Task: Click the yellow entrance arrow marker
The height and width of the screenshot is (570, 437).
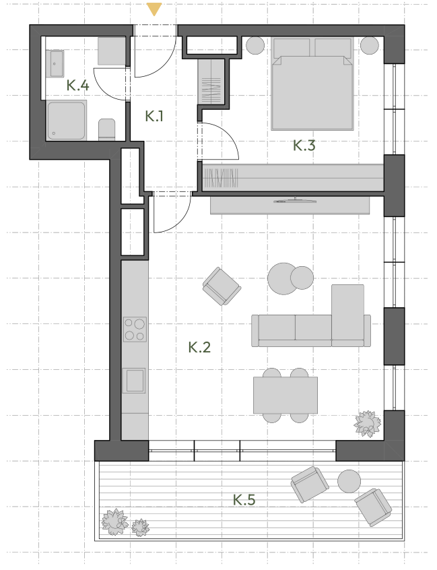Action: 154,9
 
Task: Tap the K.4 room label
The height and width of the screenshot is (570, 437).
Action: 77,86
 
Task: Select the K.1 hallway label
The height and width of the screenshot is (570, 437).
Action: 154,116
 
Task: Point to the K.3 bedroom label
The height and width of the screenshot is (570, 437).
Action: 304,146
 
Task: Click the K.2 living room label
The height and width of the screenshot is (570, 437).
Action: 199,347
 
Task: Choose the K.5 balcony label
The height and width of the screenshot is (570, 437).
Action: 244,499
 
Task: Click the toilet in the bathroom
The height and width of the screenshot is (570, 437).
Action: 107,130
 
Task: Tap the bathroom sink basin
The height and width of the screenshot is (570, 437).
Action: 57,64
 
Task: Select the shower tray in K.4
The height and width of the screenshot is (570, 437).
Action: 67,121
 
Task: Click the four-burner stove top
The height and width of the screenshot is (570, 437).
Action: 135,329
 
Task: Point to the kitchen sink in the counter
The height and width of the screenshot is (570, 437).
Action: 134,381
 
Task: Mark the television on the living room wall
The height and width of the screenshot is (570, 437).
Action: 295,200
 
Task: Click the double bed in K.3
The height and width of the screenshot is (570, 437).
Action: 312,84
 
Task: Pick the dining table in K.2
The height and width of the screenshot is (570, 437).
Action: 285,395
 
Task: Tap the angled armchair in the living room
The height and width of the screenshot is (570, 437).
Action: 222,286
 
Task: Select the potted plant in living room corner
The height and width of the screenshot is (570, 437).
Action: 368,424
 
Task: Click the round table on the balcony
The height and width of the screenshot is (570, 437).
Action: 349,481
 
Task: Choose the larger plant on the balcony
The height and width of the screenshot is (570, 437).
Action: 114,522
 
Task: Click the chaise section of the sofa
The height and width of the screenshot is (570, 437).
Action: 347,315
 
